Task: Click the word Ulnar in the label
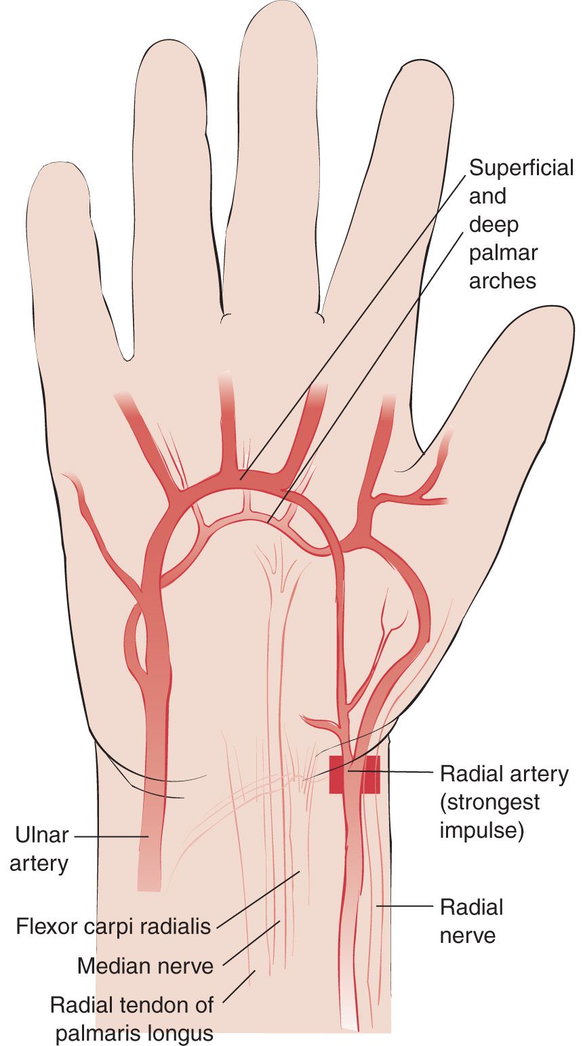click(x=42, y=835)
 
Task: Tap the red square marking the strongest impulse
click(x=355, y=774)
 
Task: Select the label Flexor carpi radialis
click(x=113, y=926)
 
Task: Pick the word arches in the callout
click(x=503, y=281)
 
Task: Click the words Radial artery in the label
click(x=504, y=774)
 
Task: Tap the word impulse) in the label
click(x=482, y=831)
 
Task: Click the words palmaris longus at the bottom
click(x=134, y=1033)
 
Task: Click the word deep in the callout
click(x=494, y=225)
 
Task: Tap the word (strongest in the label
click(x=489, y=802)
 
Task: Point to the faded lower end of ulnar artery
click(x=149, y=883)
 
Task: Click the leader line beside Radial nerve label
click(x=405, y=906)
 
